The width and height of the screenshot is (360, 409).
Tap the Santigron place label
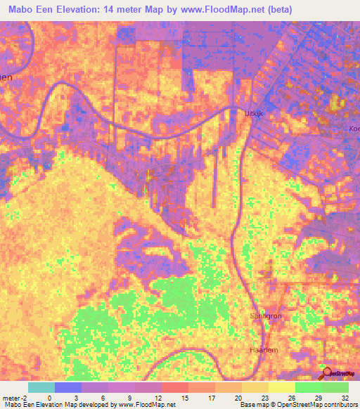click(x=265, y=316)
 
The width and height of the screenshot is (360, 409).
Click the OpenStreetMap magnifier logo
click(x=326, y=372)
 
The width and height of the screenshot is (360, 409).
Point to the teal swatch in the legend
click(x=41, y=387)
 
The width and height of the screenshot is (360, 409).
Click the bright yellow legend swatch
click(x=281, y=387)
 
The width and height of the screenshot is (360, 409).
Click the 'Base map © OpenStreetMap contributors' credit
click(x=297, y=405)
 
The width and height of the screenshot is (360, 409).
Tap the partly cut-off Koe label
click(x=354, y=129)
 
